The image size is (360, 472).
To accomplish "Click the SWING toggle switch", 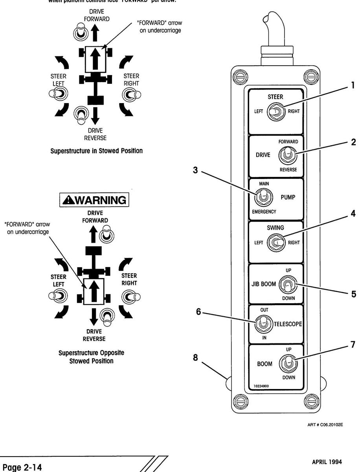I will click(274, 242).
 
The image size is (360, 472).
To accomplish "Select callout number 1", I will click(353, 84).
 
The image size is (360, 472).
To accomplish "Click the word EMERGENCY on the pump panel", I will click(264, 212).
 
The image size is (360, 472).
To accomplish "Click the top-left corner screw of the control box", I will click(239, 76).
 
